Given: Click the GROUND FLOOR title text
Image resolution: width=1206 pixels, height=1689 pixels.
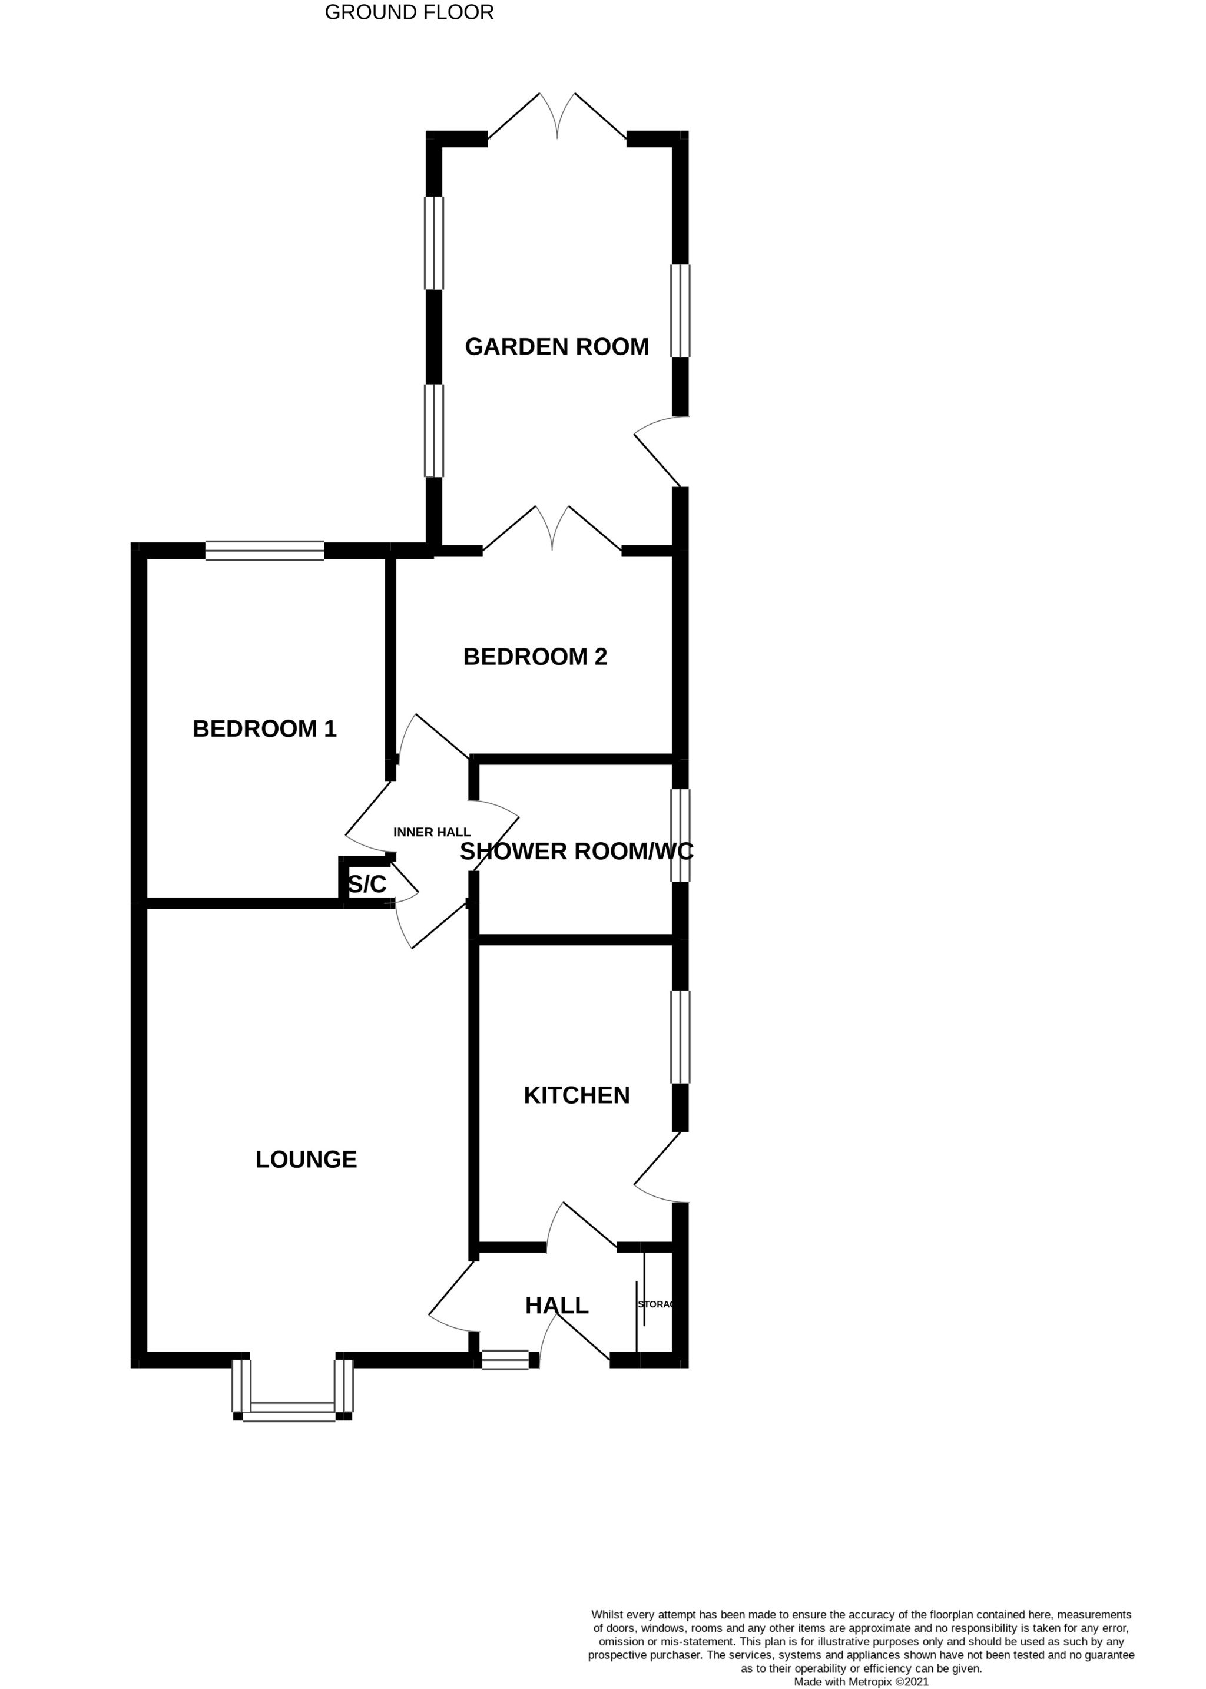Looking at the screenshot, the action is coord(409,12).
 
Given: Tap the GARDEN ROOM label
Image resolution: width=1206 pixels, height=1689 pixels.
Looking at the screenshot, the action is coord(557,346).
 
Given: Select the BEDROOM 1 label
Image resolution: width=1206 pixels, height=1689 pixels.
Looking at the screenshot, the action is coord(264,728).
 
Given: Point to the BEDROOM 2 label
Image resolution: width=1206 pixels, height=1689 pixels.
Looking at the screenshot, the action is coord(535,657).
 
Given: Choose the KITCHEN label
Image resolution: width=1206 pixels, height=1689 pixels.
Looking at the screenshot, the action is coord(577,1095).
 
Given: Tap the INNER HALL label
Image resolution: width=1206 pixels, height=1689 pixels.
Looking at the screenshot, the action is coord(432,832).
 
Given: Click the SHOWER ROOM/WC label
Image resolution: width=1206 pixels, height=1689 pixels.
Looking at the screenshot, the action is coord(577,851).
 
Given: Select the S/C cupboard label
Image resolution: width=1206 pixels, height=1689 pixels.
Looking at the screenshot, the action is coord(367,884).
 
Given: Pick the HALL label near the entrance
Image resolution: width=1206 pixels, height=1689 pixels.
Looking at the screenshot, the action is coord(556,1305).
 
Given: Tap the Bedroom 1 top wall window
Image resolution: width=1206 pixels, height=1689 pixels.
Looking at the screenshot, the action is coord(264,551).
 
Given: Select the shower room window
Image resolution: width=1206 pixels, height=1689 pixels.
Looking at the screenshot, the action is coord(680,836).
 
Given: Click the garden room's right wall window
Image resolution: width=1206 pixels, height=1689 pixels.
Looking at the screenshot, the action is coord(680,311).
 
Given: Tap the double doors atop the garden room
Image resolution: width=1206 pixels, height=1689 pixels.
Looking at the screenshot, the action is coord(557,119).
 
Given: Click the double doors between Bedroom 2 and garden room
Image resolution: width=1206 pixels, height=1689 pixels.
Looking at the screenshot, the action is coord(552,532).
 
